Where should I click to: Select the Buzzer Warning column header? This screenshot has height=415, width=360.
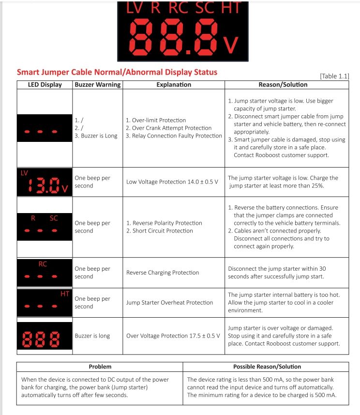[97, 85]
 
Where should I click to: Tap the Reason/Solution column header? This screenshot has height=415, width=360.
[283, 85]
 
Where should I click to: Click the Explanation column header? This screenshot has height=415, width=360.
[174, 85]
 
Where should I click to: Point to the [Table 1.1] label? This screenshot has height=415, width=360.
[334, 77]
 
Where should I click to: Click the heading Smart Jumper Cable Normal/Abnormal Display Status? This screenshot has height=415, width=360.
[117, 72]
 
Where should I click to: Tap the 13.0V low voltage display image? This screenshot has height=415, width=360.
[44, 183]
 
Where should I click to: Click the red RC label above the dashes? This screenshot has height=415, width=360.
[43, 264]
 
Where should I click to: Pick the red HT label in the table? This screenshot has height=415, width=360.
[64, 294]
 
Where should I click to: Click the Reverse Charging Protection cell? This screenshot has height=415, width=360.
[163, 273]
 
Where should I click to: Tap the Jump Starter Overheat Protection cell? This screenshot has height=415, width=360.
[169, 303]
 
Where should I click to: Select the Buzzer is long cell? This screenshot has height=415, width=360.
[92, 336]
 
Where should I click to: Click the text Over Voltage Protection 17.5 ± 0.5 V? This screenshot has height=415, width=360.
[173, 336]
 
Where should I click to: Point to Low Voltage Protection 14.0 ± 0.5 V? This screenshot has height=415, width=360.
[172, 182]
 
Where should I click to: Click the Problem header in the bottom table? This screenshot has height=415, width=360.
[100, 367]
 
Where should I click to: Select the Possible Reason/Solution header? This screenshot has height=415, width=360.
[267, 367]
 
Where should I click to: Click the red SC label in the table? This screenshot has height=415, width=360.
[54, 218]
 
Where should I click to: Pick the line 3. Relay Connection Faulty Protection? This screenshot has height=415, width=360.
[173, 136]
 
